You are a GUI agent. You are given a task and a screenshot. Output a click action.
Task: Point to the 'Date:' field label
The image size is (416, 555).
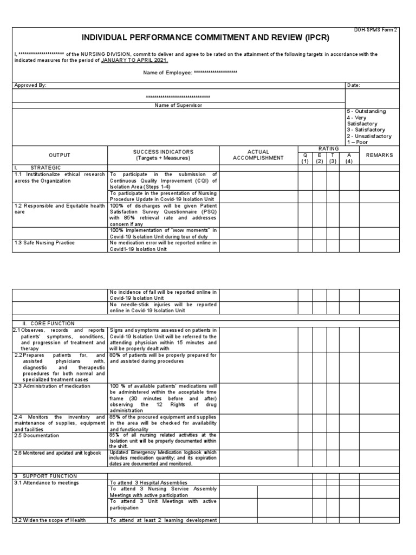353,85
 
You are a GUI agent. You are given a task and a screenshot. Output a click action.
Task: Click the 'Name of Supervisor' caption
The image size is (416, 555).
178,105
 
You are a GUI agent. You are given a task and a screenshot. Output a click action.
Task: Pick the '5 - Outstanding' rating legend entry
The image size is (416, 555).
366,111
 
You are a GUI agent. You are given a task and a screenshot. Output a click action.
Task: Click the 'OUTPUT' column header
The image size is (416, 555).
60,155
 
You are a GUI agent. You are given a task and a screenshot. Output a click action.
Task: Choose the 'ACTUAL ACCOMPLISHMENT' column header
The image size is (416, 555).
258,155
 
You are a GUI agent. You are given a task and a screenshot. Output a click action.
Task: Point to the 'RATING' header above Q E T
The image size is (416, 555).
328,149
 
